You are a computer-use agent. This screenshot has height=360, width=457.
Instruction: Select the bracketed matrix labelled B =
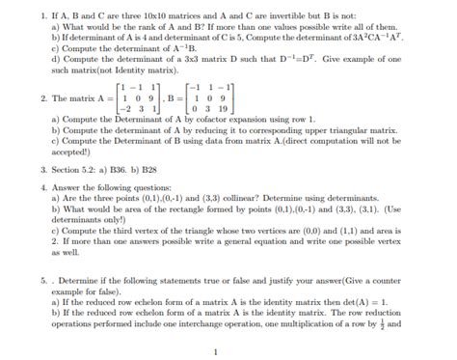(x=211, y=98)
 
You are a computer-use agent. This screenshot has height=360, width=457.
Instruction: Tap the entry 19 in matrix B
(x=226, y=111)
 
